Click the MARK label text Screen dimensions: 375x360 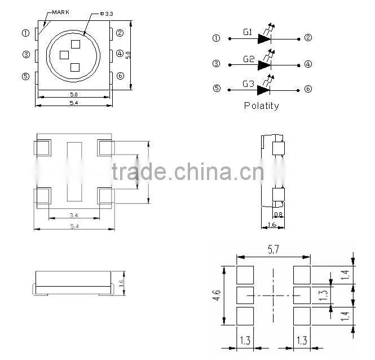pos(60,11)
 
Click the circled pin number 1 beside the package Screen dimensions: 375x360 pos(25,33)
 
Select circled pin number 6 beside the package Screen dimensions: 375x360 pos(120,76)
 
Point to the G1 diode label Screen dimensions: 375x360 pos(248,33)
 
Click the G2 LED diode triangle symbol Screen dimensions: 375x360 pos(264,64)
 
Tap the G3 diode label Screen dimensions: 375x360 pos(248,85)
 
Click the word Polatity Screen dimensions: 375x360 pos(261,106)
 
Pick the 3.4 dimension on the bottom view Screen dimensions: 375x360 pos(73,215)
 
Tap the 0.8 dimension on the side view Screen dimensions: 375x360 pos(277,214)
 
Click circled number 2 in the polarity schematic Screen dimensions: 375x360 pos(308,38)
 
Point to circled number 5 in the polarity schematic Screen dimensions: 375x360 pos(217,89)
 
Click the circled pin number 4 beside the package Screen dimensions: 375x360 pos(120,54)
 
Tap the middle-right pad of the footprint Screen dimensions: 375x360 pos(302,295)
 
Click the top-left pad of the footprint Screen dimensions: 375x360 pos(245,275)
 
